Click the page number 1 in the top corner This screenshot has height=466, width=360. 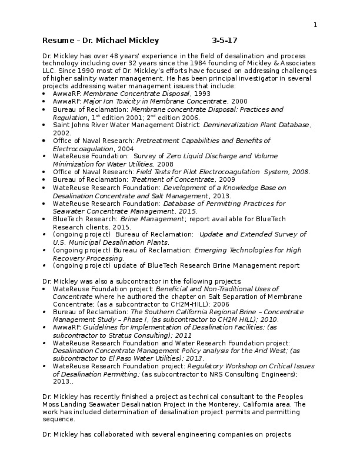[x=315, y=25]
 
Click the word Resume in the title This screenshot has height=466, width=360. [x=55, y=41]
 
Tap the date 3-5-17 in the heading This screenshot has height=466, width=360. [x=225, y=41]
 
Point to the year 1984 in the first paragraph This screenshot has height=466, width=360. [x=189, y=62]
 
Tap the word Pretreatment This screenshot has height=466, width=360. [x=157, y=141]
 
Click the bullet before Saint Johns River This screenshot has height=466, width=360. [x=46, y=125]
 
